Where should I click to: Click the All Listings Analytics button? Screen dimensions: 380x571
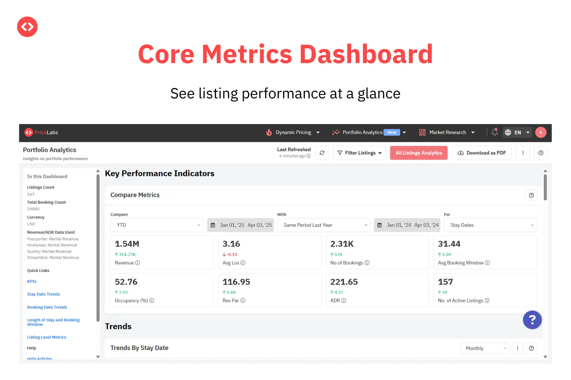(419, 153)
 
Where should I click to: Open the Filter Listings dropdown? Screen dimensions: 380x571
(359, 153)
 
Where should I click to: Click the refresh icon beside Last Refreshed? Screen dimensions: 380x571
(322, 153)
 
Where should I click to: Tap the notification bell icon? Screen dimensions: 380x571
(495, 132)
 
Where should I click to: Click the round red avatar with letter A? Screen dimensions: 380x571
(541, 132)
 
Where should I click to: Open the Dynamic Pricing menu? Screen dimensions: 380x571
(293, 132)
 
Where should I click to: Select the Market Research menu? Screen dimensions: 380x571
(447, 132)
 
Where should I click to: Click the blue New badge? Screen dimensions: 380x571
(392, 132)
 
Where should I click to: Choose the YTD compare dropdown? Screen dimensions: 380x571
(157, 225)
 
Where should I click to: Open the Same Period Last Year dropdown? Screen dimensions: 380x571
(324, 225)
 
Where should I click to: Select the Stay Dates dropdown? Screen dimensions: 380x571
(490, 225)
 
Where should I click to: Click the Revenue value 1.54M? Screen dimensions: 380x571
(127, 244)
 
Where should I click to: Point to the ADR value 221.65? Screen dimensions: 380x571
(344, 282)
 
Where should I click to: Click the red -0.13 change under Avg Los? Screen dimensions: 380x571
(230, 255)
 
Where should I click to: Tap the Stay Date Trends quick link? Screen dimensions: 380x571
(44, 294)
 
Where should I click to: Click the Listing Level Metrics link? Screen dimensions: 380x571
(47, 337)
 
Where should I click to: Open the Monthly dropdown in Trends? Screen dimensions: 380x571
(485, 348)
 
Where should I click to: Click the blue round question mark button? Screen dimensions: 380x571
(532, 320)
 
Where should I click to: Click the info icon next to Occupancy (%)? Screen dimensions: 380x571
(152, 301)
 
